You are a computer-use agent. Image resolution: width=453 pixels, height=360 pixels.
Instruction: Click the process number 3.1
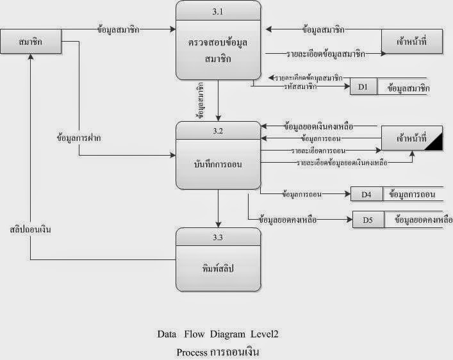click(x=218, y=11)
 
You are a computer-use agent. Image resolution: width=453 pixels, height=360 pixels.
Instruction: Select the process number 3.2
click(x=218, y=131)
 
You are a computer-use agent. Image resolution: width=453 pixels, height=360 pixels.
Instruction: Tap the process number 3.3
click(x=218, y=238)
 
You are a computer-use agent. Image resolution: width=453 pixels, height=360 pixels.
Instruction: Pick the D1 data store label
click(x=363, y=88)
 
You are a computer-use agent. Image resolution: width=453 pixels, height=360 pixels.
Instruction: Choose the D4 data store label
click(x=366, y=193)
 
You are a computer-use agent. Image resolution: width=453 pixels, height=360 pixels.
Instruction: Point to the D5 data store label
click(x=368, y=220)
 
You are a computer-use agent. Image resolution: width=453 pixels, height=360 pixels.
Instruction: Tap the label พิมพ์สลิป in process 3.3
click(x=218, y=269)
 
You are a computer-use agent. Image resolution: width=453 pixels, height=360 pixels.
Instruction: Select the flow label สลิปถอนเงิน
click(x=31, y=227)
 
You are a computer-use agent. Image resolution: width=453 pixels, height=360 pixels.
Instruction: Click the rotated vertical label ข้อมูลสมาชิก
click(x=201, y=101)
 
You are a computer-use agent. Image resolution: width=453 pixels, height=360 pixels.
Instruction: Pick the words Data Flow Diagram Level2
click(x=218, y=334)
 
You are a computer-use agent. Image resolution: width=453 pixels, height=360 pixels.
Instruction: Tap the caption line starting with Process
click(x=218, y=352)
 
